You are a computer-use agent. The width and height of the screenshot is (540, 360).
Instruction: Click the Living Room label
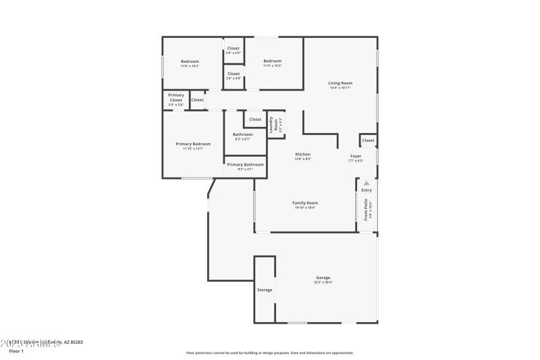pos(340,83)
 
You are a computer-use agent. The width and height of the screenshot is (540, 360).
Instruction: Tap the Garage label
pos(323,278)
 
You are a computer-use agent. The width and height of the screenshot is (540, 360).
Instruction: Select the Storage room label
pos(265,290)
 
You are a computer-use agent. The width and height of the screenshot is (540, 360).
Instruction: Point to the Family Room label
pos(304,203)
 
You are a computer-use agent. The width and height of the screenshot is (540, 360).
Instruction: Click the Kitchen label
pos(302,155)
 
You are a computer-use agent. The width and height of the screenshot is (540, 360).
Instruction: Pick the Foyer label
pos(355,156)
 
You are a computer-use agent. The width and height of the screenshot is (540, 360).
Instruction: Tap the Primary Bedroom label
pos(193,144)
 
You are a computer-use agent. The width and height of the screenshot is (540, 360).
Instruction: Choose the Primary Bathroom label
pos(245,165)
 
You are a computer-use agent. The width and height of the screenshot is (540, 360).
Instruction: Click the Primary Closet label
pos(175,98)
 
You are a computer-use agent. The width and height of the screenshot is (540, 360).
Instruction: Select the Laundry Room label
pos(277,124)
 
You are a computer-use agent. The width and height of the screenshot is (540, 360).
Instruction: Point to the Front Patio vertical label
pos(367,210)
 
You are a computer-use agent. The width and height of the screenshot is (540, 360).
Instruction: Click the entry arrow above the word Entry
pos(367,183)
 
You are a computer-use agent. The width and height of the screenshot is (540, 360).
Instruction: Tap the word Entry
pos(367,190)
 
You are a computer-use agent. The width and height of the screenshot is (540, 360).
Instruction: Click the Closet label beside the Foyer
pos(368,140)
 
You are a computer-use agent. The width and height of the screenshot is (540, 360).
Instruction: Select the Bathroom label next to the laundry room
pos(243,134)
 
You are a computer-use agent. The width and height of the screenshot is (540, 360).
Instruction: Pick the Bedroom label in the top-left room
pos(190,61)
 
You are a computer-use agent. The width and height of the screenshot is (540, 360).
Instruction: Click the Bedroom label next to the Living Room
pos(272,61)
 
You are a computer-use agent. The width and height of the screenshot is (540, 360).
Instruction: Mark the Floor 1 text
pos(16,351)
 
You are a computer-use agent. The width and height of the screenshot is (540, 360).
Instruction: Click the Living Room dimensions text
pos(340,88)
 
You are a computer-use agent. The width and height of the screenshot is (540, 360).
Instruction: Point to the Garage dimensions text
pos(323,282)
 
